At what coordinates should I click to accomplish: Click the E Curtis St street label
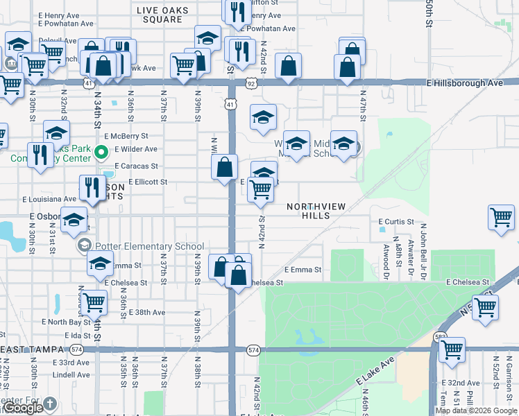[396, 222]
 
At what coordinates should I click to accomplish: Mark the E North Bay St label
[66, 322]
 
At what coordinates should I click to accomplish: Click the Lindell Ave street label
[71, 375]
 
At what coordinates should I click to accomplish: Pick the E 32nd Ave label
[461, 383]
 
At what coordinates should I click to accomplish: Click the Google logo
[24, 408]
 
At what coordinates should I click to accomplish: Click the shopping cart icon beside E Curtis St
[501, 217]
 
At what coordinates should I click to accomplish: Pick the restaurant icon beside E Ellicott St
[92, 186]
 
